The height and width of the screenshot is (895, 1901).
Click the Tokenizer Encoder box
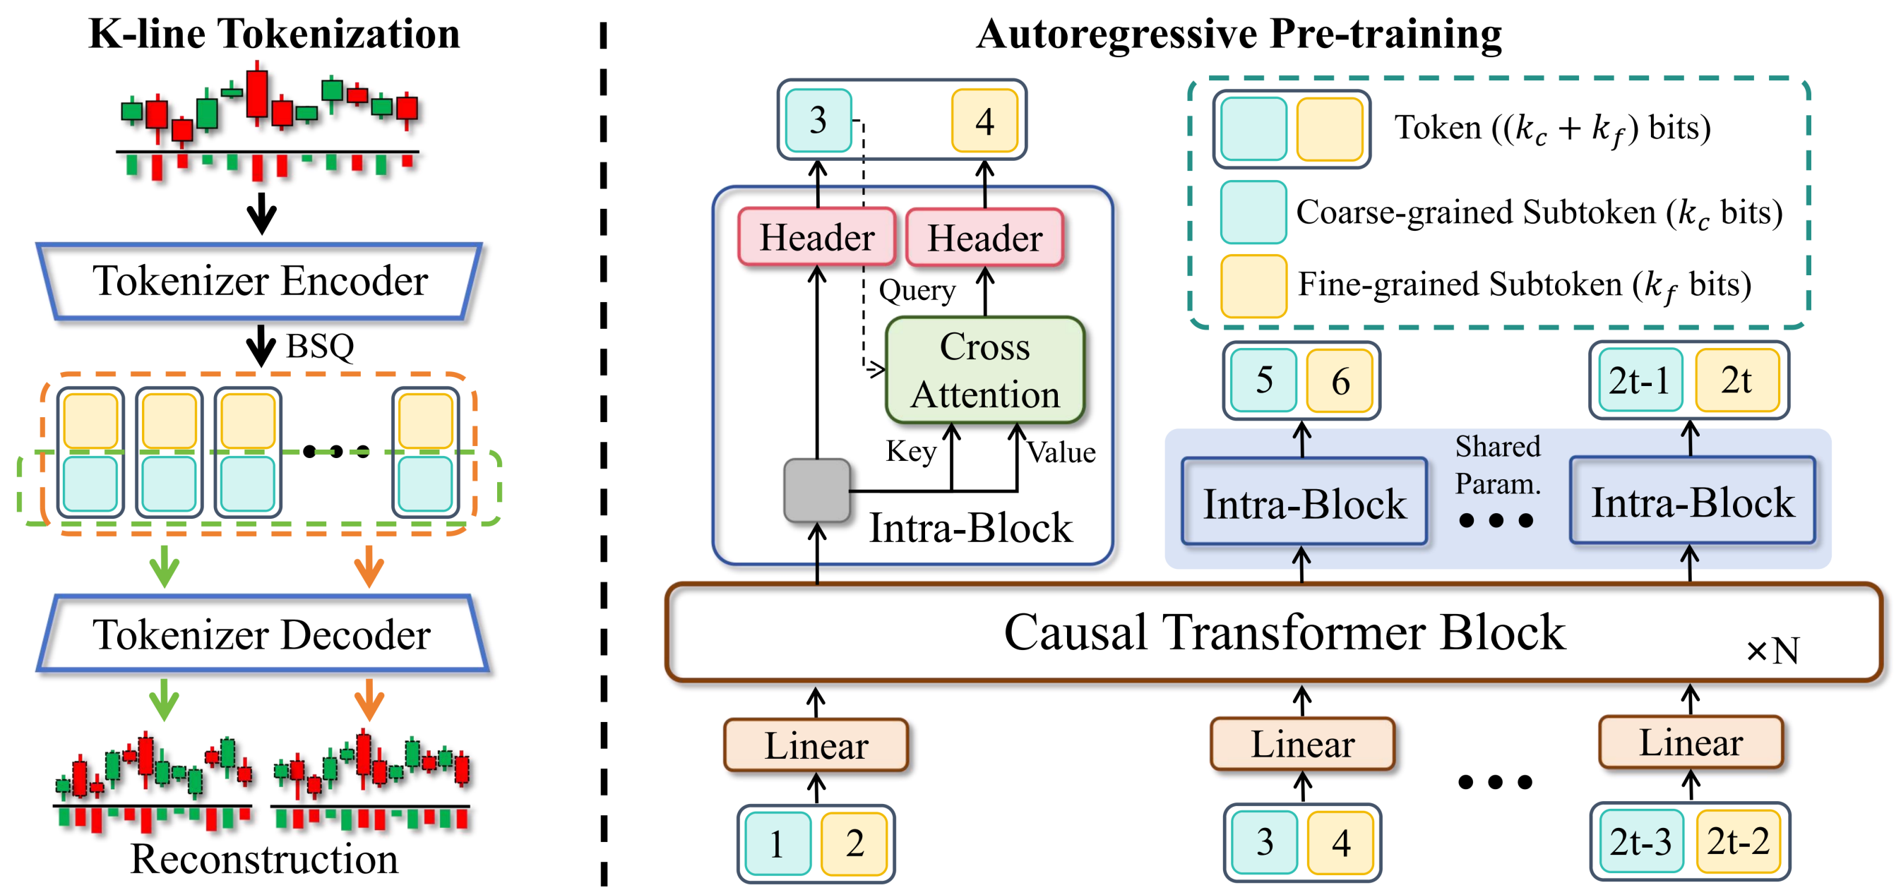260,281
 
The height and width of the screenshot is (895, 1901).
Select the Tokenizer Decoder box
261,635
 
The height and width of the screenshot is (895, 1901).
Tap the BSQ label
319,346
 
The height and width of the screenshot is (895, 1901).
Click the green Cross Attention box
984,371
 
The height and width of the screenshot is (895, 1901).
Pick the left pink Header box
817,238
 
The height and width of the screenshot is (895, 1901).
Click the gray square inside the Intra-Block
816,490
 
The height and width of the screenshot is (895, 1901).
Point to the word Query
917,291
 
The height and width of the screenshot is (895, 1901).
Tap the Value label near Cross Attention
1061,452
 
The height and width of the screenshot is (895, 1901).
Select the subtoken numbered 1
777,843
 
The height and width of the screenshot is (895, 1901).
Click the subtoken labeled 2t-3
1640,842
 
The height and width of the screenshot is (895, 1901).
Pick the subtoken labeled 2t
1736,380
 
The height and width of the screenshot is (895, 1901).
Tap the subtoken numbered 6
1340,381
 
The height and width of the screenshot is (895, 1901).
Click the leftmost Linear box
816,745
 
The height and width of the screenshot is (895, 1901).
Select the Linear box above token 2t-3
1690,743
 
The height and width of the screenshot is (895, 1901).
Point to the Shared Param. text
1497,465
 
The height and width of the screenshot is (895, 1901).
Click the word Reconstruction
264,860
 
